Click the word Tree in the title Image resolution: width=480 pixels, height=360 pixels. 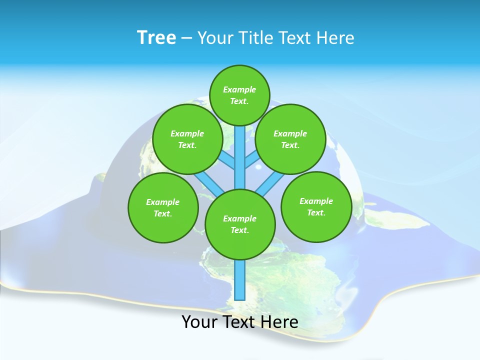(x=156, y=38)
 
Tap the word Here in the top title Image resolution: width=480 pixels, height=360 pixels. (x=335, y=38)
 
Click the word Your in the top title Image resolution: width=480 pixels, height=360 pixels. (x=214, y=38)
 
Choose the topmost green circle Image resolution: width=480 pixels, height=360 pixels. (x=239, y=95)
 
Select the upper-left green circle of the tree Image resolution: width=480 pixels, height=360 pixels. (x=187, y=139)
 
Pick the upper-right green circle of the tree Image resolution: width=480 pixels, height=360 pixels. (x=290, y=139)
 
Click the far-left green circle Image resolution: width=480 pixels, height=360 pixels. (x=163, y=207)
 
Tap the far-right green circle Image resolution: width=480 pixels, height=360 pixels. (x=316, y=206)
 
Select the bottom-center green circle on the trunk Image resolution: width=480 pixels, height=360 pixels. (x=240, y=224)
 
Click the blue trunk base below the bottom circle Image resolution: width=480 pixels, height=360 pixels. (x=240, y=280)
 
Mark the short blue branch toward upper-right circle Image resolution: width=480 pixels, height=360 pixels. (x=252, y=160)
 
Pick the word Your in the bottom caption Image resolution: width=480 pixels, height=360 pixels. (x=199, y=322)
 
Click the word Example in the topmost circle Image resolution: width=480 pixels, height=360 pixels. (x=239, y=89)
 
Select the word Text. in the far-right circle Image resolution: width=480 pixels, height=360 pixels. (x=316, y=212)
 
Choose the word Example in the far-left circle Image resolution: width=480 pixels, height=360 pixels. (x=163, y=202)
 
